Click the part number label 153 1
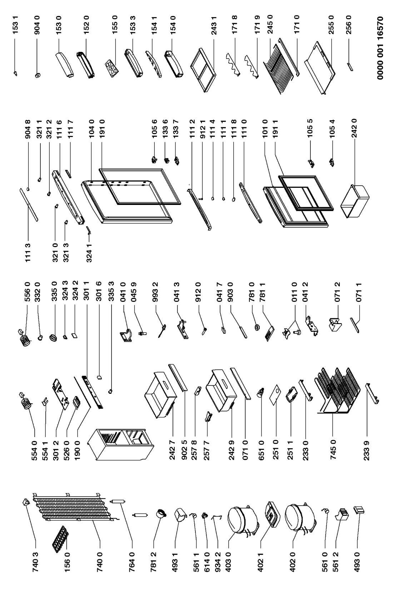[16, 24]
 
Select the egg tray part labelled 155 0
[111, 68]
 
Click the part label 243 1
[214, 25]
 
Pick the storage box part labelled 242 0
[355, 201]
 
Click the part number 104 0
[91, 129]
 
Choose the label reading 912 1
[202, 129]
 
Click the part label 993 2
[155, 292]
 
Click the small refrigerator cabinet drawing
[121, 445]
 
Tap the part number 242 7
[172, 451]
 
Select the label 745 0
[333, 451]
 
